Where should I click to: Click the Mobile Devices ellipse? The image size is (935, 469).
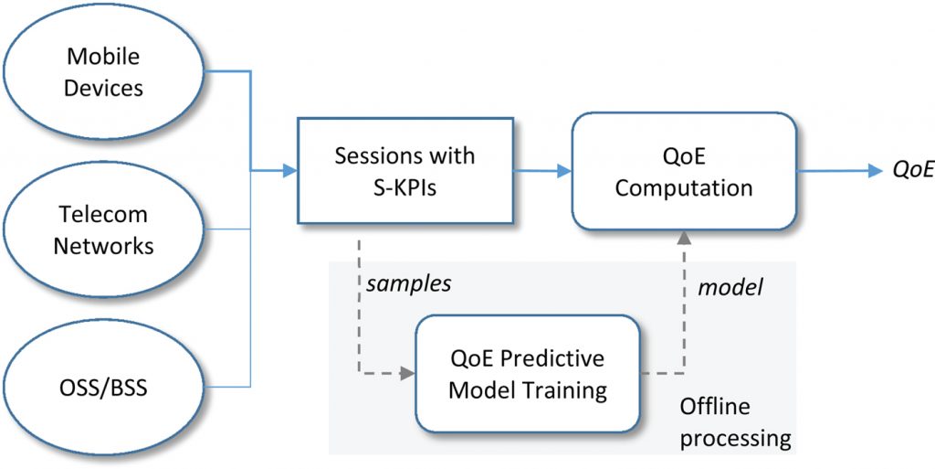tap(104, 73)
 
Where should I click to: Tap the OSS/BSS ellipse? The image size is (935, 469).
tap(104, 388)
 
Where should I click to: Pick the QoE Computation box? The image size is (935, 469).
tap(684, 171)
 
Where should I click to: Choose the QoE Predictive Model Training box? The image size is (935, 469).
tap(527, 374)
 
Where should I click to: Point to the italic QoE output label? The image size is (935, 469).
tap(912, 171)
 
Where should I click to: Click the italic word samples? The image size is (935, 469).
tap(408, 284)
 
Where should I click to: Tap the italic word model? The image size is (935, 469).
tap(730, 288)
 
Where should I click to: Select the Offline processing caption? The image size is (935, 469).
tap(736, 422)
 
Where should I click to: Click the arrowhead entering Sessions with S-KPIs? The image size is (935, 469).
tap(291, 170)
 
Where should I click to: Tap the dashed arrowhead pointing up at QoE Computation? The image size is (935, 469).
tap(684, 237)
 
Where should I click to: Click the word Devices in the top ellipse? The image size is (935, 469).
tap(104, 90)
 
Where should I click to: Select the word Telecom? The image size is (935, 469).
tap(104, 215)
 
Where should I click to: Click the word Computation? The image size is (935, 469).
tap(684, 188)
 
